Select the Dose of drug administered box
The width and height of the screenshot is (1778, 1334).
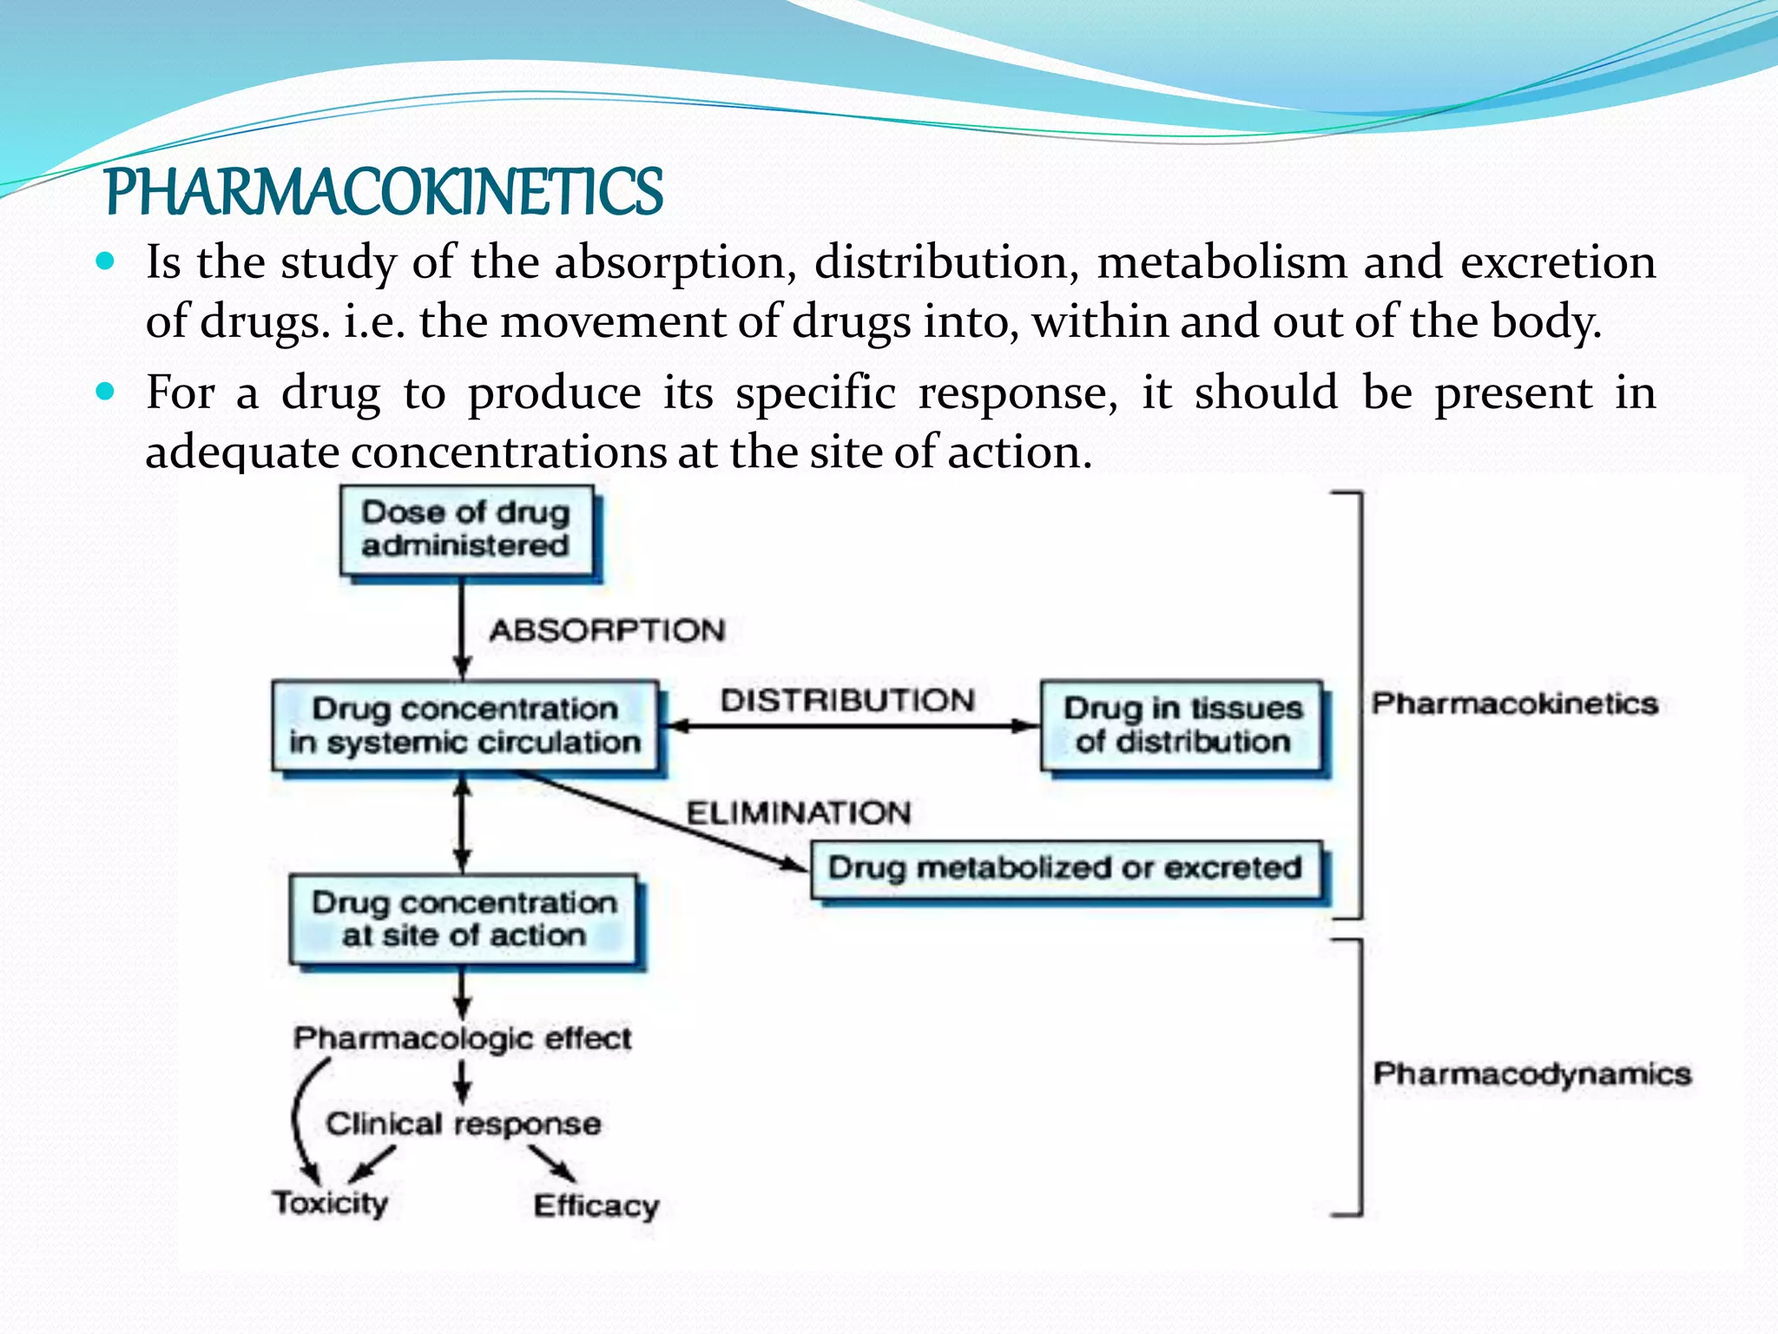[466, 530]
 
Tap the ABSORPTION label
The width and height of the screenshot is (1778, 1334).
[607, 631]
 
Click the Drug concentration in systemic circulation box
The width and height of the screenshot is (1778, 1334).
[465, 726]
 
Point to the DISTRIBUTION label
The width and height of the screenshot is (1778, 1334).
[847, 700]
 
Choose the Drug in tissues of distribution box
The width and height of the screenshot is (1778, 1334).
[1182, 725]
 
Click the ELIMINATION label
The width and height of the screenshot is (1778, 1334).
[799, 813]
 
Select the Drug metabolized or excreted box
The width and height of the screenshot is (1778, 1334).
[1065, 868]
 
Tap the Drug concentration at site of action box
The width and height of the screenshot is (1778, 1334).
[464, 920]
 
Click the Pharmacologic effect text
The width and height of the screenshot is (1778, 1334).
[462, 1038]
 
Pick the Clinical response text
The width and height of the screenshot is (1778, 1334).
[463, 1124]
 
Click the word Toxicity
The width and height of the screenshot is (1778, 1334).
[330, 1203]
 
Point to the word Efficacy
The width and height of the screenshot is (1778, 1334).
[596, 1205]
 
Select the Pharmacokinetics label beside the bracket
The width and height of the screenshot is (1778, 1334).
[1514, 703]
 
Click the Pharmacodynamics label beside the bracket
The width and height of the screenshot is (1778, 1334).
[1531, 1074]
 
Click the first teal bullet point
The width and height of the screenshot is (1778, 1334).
[105, 261]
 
